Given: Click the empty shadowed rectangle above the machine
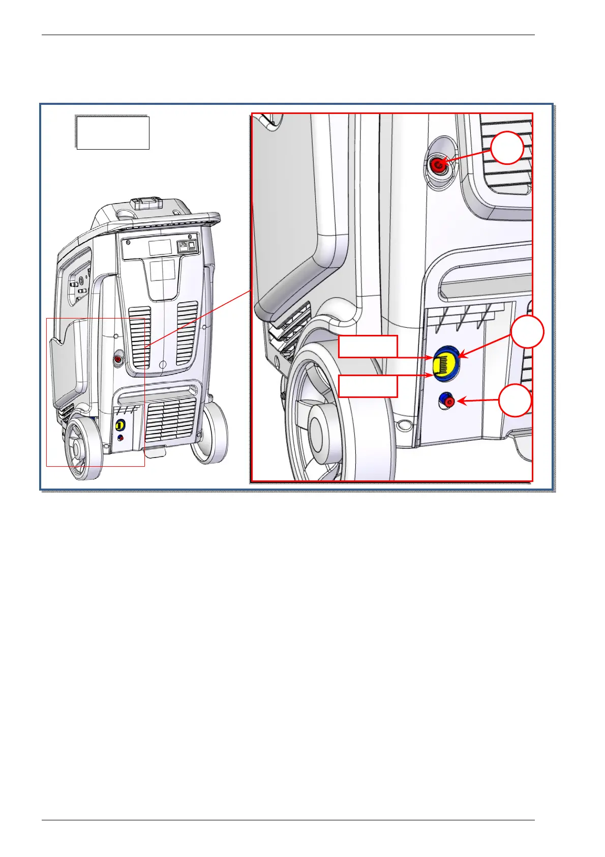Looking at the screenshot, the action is click(112, 132).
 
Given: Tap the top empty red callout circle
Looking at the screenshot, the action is click(507, 148).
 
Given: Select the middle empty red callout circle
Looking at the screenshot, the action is click(527, 332).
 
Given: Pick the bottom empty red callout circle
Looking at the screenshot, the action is click(515, 401).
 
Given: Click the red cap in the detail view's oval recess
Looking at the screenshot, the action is click(437, 164).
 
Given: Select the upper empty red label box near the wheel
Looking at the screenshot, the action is click(368, 347).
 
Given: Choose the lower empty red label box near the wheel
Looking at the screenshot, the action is click(368, 386).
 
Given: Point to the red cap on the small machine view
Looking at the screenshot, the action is click(118, 359).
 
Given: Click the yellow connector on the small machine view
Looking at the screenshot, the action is click(120, 425).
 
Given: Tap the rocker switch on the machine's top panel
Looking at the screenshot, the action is click(192, 246).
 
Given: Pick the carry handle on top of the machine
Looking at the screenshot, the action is click(145, 203).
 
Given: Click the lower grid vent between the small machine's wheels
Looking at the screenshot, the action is click(170, 420).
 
